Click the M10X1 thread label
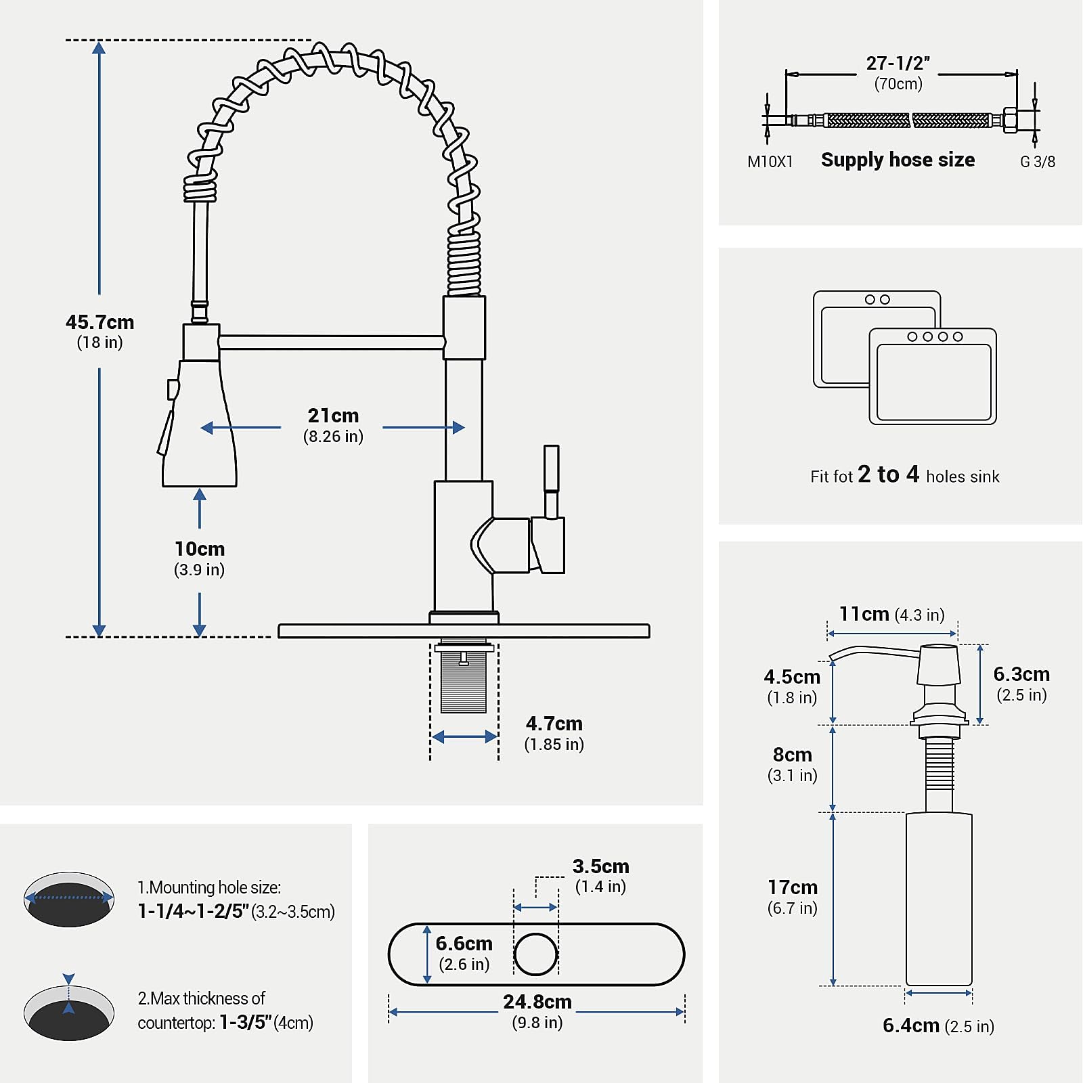(770, 162)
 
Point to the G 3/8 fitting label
(1037, 162)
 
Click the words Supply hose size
(898, 160)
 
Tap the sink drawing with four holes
(933, 376)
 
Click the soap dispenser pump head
(938, 665)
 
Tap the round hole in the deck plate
(535, 954)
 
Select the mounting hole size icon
(69, 899)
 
